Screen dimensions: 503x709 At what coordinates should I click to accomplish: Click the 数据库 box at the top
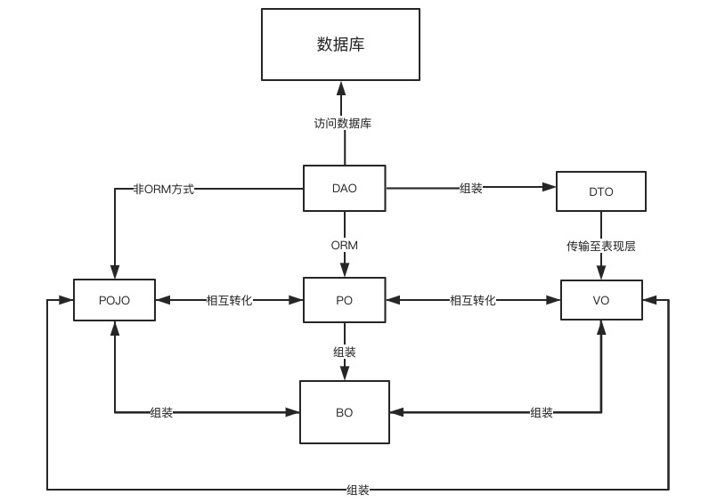[340, 45]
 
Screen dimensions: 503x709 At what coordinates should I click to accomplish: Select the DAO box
[345, 189]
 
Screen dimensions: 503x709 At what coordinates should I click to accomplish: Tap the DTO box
[601, 191]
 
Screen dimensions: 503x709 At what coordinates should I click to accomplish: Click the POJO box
[114, 300]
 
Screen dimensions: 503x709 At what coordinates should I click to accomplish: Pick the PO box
[345, 300]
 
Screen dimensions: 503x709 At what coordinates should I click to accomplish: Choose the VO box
[601, 300]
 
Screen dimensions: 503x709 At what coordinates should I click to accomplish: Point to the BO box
[345, 412]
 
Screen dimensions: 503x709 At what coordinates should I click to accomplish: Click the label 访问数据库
[343, 124]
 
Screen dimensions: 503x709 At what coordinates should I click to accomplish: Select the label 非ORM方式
[163, 189]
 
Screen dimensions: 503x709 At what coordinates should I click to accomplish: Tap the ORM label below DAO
[345, 245]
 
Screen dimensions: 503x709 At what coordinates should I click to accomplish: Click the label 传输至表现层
[601, 247]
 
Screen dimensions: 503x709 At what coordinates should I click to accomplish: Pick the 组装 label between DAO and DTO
[471, 189]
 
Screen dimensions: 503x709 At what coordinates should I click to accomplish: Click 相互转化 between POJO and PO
[230, 301]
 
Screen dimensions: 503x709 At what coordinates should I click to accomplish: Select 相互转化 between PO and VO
[473, 301]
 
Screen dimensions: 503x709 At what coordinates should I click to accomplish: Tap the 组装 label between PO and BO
[345, 353]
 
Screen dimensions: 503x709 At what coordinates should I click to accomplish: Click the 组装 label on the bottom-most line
[358, 490]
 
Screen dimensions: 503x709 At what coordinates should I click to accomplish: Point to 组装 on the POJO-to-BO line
[161, 412]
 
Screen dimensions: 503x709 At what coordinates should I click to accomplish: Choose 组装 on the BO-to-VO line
[542, 412]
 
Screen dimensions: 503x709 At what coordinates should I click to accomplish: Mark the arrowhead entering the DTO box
[550, 188]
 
